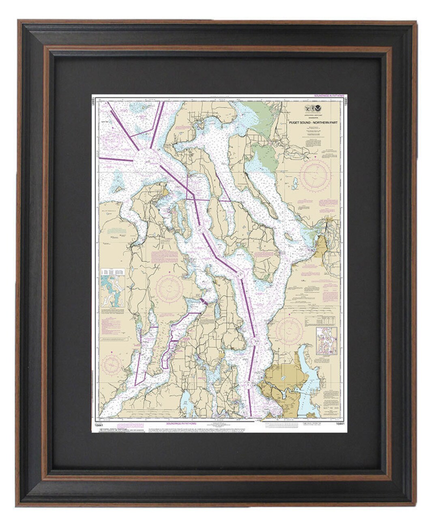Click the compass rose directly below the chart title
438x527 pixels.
315,176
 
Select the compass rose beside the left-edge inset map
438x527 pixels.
169,289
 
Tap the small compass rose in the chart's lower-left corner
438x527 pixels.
111,364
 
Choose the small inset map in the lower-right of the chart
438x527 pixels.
326,341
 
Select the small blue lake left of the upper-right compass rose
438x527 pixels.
295,183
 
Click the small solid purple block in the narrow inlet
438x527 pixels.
204,302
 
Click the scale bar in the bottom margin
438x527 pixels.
280,425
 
